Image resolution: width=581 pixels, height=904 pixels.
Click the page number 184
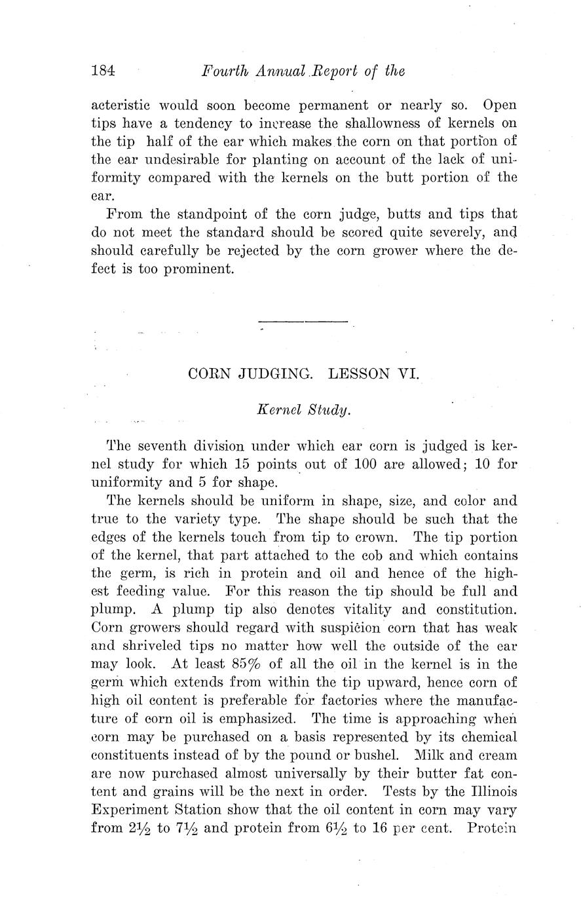point(103,70)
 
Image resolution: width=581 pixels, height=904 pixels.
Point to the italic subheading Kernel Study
point(304,410)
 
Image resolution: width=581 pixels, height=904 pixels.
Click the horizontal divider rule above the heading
point(303,322)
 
